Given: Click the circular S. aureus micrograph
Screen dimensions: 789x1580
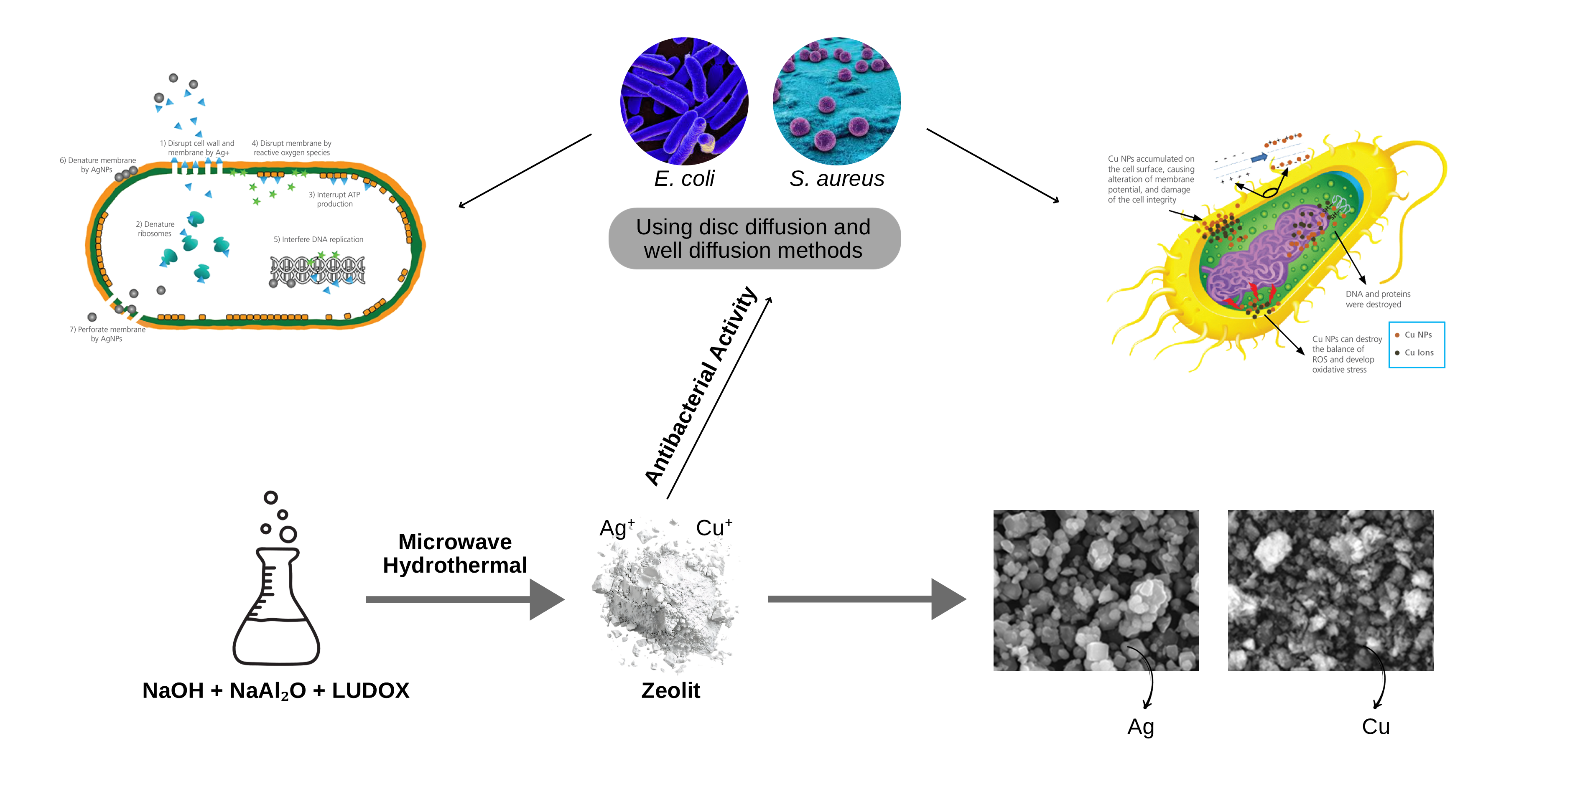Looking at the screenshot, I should (x=837, y=101).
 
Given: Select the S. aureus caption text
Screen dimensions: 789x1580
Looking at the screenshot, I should (x=837, y=178).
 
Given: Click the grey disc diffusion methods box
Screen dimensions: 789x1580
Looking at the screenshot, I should (x=754, y=238).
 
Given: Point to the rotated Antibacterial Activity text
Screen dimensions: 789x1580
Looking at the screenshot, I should (x=701, y=387).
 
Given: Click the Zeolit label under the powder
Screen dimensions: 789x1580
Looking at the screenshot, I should (x=670, y=690).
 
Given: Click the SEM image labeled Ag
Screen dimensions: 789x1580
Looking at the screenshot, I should (x=1096, y=590).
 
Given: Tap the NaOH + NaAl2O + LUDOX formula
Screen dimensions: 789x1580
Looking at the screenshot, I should (x=275, y=690).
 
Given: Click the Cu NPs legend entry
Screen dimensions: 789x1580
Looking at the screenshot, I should (x=1417, y=335).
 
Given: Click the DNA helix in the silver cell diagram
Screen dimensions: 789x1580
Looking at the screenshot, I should (x=318, y=270).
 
